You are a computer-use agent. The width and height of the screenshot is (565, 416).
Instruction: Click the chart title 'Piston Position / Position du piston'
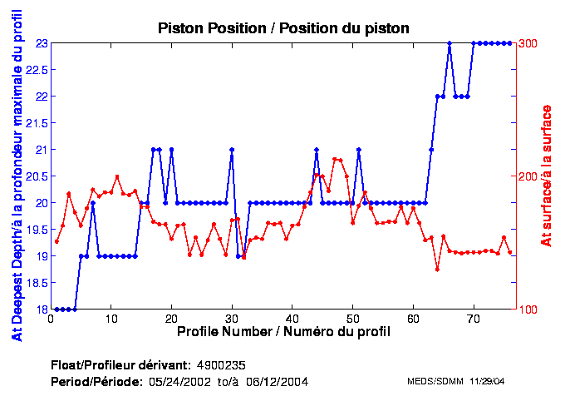pyautogui.click(x=283, y=28)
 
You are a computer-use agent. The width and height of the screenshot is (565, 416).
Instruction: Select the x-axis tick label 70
pyautogui.click(x=473, y=319)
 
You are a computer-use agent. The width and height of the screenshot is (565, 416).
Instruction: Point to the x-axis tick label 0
pyautogui.click(x=52, y=319)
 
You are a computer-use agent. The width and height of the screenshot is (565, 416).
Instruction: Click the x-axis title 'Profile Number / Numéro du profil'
pyautogui.click(x=283, y=331)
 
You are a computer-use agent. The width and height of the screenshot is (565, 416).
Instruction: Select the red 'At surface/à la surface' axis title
pyautogui.click(x=547, y=176)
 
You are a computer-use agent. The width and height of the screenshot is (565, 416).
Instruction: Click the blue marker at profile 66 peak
pyautogui.click(x=450, y=42)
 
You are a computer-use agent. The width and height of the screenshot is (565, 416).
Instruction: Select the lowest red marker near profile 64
pyautogui.click(x=437, y=269)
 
